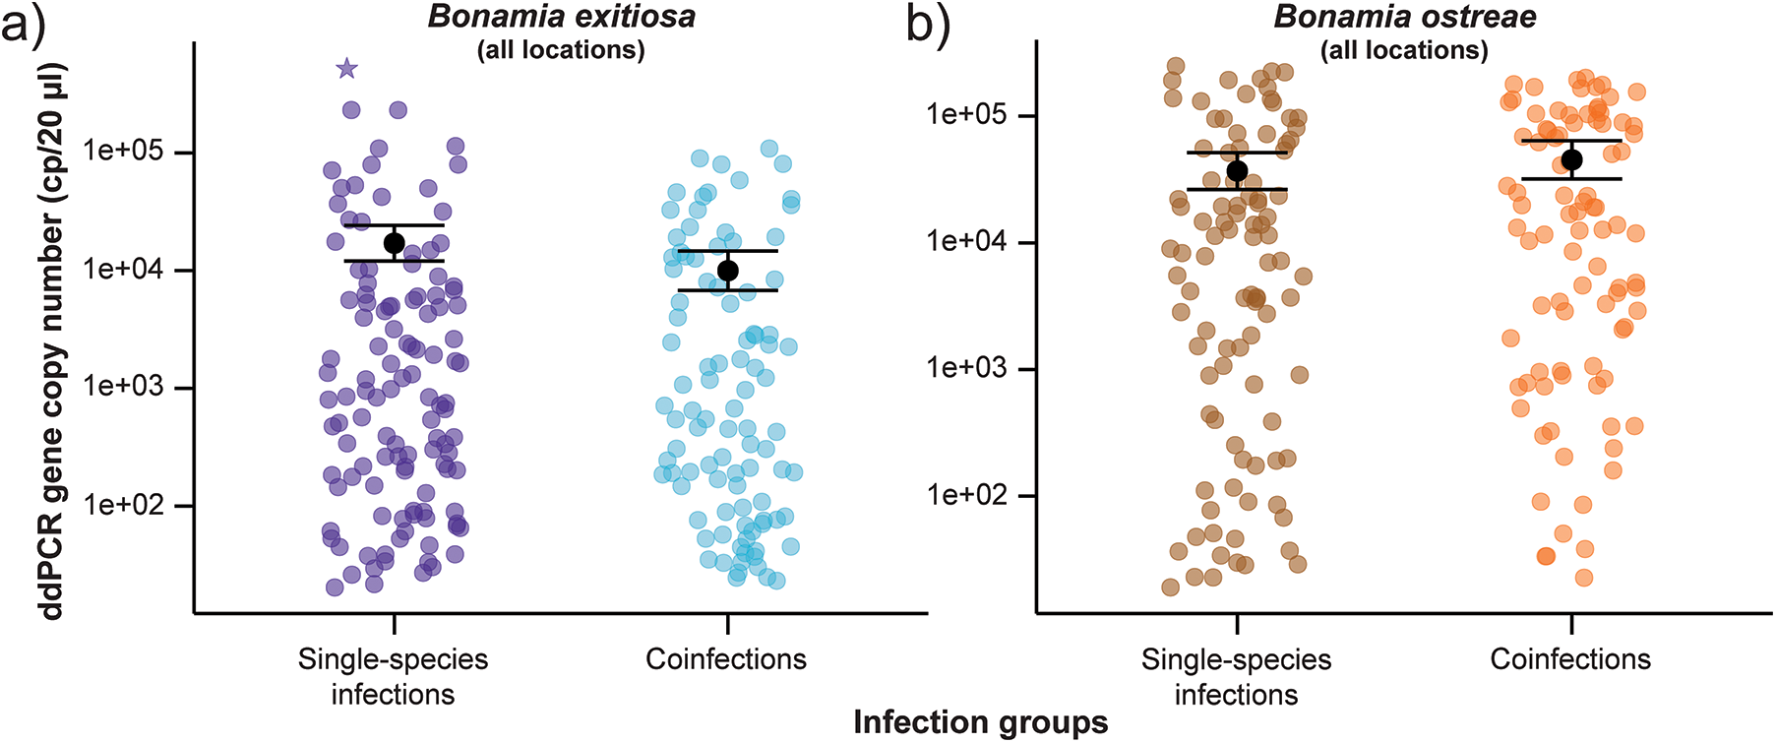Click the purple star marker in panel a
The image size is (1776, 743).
pyautogui.click(x=346, y=69)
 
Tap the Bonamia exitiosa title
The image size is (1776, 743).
pyautogui.click(x=561, y=17)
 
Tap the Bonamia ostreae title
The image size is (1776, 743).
pyautogui.click(x=1404, y=17)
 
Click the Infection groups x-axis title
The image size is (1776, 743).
pyautogui.click(x=980, y=722)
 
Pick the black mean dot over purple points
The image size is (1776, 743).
pyautogui.click(x=394, y=243)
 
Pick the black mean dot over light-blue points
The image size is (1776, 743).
pyautogui.click(x=728, y=271)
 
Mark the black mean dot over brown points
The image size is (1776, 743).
pyautogui.click(x=1237, y=171)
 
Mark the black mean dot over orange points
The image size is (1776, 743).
pyautogui.click(x=1571, y=159)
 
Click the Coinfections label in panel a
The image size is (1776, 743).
pyautogui.click(x=726, y=659)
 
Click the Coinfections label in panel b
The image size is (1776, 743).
pyautogui.click(x=1570, y=659)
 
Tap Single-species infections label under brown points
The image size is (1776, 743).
pyautogui.click(x=1236, y=677)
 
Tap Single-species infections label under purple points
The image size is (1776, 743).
pyautogui.click(x=393, y=677)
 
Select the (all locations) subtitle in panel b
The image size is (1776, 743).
pyautogui.click(x=1404, y=50)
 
